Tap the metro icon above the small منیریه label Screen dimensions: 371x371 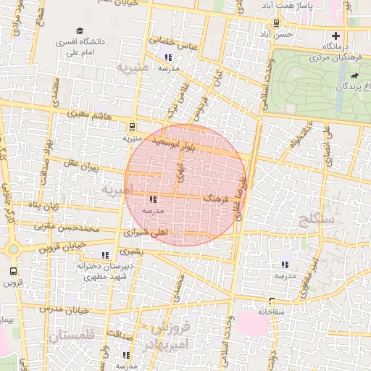tap(132, 125)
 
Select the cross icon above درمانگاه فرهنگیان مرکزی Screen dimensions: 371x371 tap(335, 36)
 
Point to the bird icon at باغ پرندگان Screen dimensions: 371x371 tap(354, 76)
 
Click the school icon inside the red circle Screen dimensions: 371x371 tap(152, 199)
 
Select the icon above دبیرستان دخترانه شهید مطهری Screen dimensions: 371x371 tap(106, 254)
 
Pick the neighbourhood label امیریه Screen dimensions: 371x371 tap(117, 190)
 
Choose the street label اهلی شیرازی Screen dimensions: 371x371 tap(145, 234)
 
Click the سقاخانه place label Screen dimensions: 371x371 tap(271, 311)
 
